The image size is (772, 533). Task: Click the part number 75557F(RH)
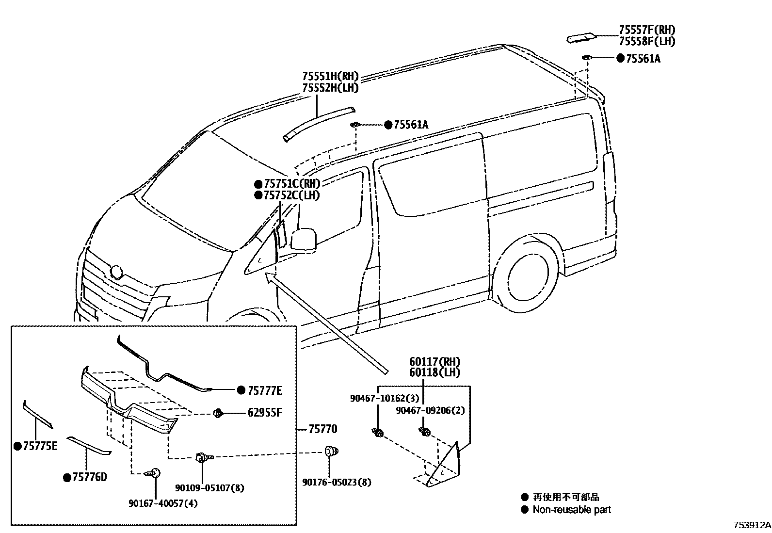(646, 30)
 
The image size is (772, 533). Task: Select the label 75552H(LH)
(330, 88)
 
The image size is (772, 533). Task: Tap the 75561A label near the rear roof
(643, 59)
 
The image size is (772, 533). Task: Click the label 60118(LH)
(434, 372)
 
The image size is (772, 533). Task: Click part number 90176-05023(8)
(337, 482)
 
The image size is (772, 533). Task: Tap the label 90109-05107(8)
(209, 488)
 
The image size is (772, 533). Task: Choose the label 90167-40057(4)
(163, 503)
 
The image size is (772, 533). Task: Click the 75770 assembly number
(323, 429)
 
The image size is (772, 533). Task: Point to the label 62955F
(265, 413)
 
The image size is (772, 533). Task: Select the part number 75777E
(265, 390)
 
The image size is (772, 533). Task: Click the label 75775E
(40, 446)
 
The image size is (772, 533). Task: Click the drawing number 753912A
(751, 525)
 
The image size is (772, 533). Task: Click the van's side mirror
(303, 240)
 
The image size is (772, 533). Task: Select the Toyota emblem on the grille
(117, 272)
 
